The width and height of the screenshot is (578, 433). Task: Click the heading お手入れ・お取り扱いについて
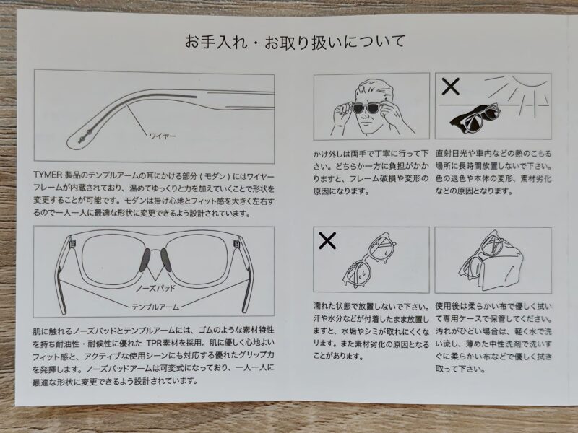(295, 42)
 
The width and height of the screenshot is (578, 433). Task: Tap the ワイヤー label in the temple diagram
(163, 136)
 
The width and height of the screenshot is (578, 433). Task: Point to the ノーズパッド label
(155, 288)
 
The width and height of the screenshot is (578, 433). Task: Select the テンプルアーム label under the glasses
(155, 307)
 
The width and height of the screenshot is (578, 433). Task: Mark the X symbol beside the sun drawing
(450, 87)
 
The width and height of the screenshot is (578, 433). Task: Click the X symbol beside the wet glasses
(327, 241)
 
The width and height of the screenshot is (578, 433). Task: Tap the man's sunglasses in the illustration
(368, 108)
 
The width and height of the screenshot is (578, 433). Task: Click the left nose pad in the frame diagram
(145, 260)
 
